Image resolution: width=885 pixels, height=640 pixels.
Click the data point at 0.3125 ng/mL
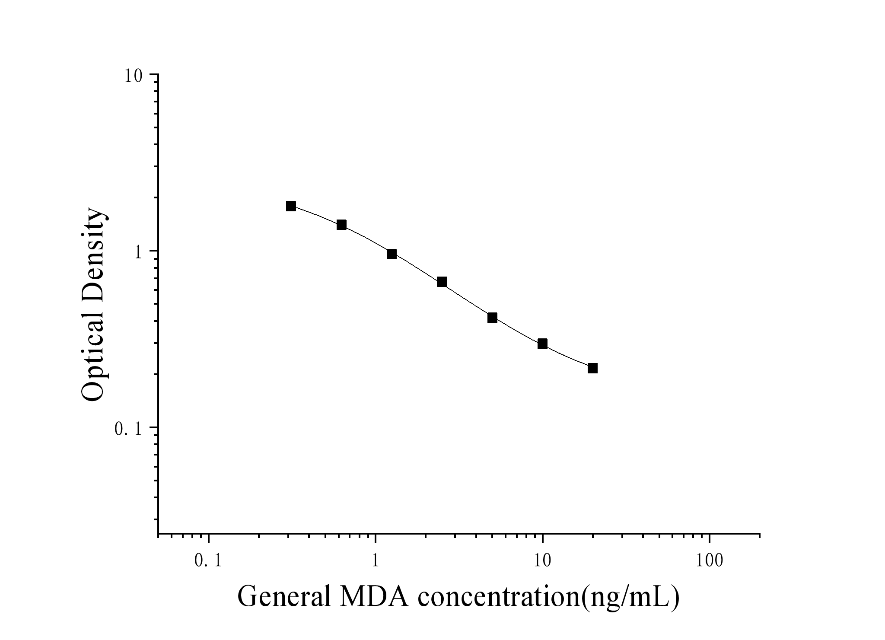(291, 206)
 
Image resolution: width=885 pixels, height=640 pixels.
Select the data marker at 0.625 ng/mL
(341, 225)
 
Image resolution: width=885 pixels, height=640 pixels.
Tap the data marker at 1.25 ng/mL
(392, 254)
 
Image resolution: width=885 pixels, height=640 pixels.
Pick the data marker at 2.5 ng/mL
(442, 282)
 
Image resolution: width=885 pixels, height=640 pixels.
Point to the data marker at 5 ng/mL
(492, 318)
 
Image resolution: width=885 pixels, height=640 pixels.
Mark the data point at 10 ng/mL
(542, 344)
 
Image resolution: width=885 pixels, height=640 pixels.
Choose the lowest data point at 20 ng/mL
(592, 368)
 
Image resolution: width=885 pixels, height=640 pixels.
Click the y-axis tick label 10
(134, 76)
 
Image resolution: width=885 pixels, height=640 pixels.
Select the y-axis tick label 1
(139, 252)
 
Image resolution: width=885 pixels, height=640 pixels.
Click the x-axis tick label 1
(375, 561)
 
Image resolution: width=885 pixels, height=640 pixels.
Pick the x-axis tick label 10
(542, 561)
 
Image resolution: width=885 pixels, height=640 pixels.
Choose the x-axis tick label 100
(710, 561)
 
